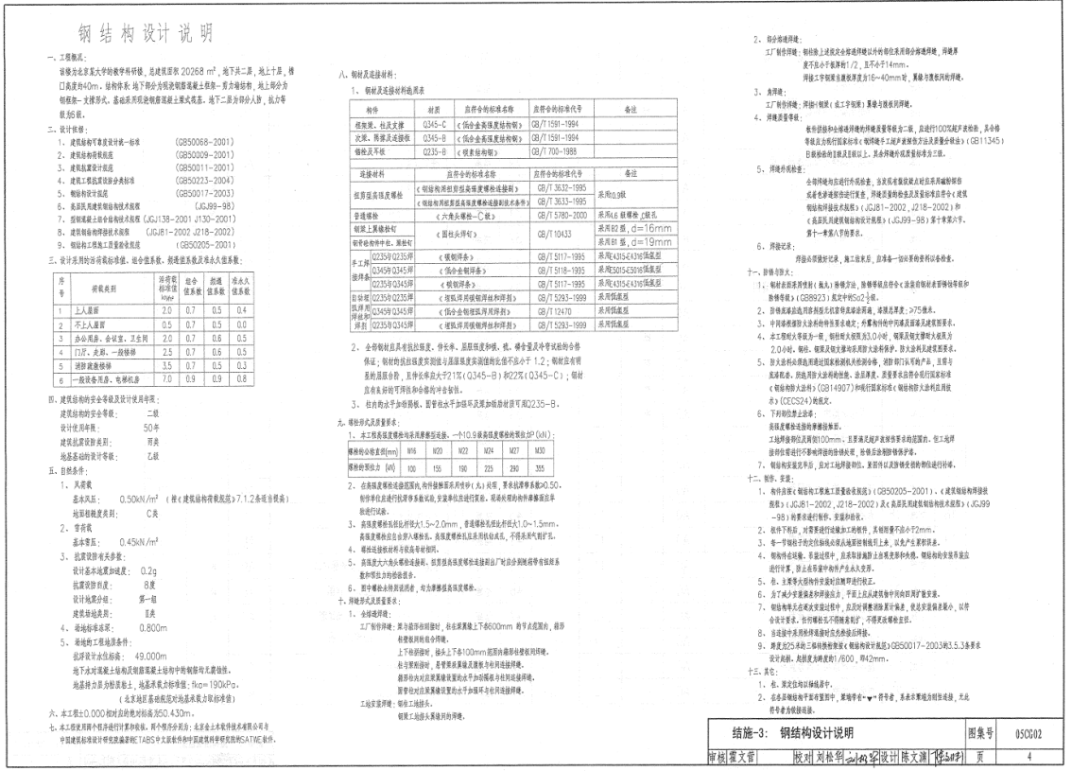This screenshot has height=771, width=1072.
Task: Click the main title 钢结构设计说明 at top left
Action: click(143, 35)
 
